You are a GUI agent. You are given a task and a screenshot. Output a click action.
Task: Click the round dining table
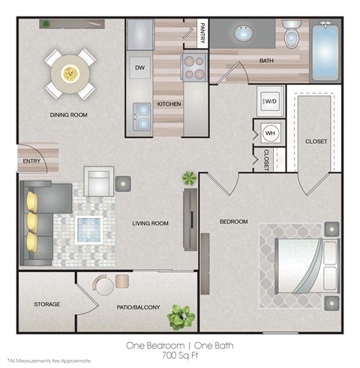pos(69,73)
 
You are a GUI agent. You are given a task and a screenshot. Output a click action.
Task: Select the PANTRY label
pos(202,32)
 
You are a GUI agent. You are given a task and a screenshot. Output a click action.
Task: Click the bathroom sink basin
pos(244,34)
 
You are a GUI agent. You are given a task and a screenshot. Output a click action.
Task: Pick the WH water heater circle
pos(269,133)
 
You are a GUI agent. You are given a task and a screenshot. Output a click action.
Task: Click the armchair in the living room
pos(98,181)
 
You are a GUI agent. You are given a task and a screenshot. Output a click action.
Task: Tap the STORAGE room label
pos(46,304)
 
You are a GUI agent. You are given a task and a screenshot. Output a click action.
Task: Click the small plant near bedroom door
pos(188,179)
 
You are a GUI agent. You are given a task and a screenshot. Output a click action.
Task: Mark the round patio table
pos(103,285)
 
